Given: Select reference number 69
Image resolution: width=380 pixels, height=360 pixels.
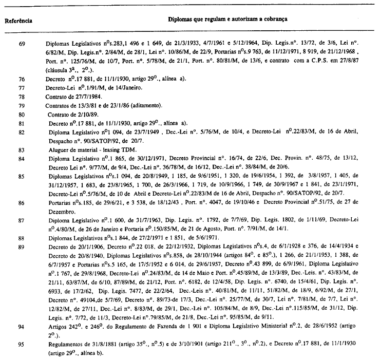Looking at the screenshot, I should tap(22, 44).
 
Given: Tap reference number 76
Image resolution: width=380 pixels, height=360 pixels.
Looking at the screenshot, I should tap(22, 79).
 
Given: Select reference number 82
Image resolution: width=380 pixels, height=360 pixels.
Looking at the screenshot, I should tap(22, 132).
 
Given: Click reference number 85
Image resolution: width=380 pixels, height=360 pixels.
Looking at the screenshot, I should tap(22, 176).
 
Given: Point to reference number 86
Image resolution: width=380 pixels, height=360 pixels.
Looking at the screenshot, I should tap(22, 203).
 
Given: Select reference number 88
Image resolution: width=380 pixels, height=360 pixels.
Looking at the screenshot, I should tap(22, 238).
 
